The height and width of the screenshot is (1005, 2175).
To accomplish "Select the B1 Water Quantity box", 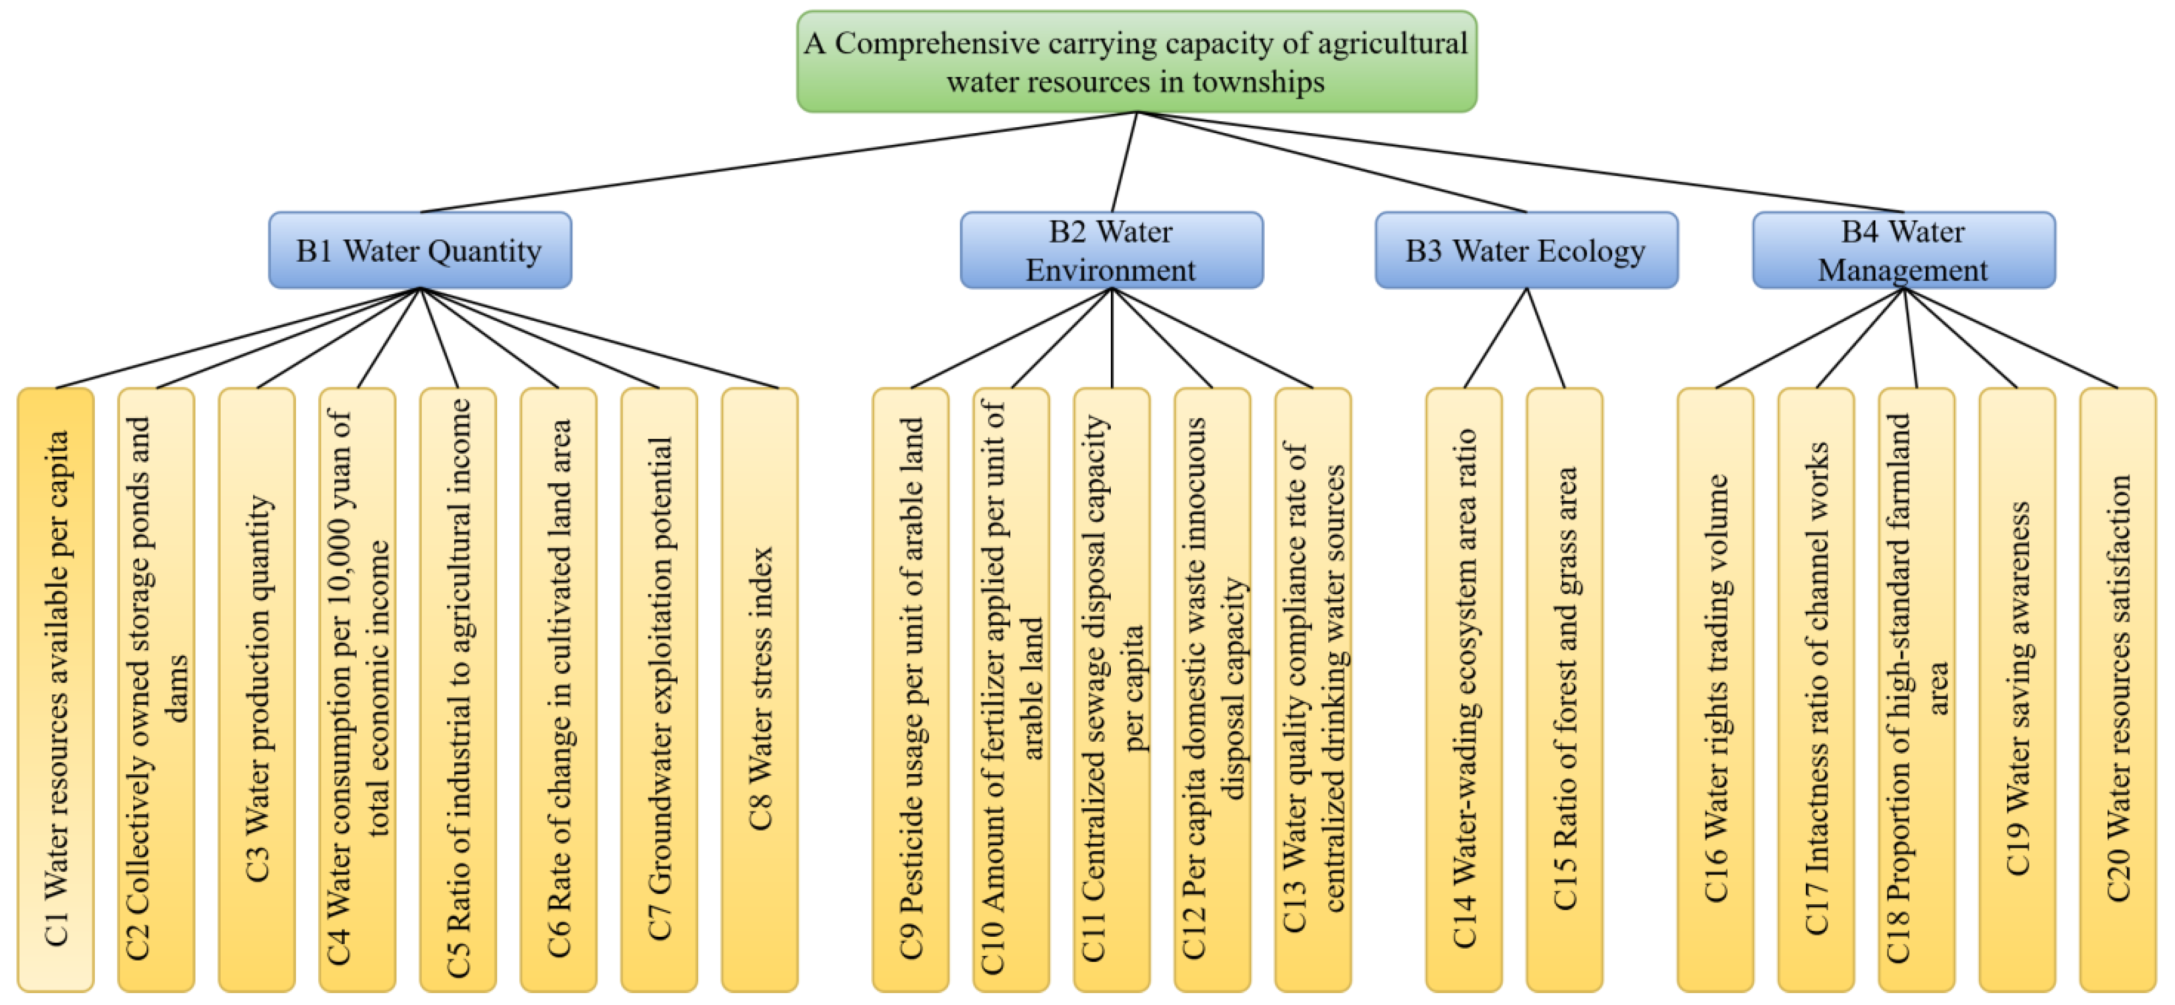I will click(420, 250).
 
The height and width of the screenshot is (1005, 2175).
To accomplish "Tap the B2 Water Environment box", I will click(1111, 250).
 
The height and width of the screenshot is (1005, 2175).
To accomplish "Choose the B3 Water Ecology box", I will click(1526, 250).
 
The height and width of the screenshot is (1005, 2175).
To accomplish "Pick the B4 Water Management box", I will click(1903, 250).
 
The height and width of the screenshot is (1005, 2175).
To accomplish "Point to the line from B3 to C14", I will click(1495, 338).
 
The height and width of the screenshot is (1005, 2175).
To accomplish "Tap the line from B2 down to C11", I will click(1111, 338).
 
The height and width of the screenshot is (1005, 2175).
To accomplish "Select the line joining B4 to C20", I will click(2010, 338).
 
